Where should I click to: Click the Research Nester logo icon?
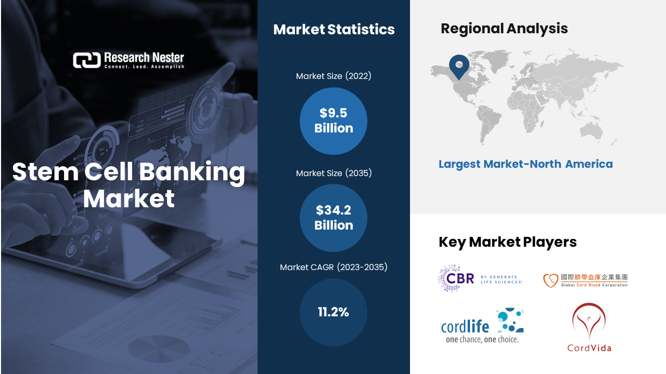coord(87,60)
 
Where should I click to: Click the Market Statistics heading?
coord(334,30)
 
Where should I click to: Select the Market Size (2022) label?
coord(334,76)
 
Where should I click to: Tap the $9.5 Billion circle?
coord(334,121)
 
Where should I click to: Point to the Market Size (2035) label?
coord(334,173)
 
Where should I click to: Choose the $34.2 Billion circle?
coord(334,218)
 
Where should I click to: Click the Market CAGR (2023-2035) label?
coord(334,267)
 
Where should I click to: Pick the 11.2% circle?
coord(334,312)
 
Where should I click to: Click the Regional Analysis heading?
coord(504,29)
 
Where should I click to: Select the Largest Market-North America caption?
coord(526,164)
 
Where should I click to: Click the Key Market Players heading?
coord(507,242)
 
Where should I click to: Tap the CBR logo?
coord(480,278)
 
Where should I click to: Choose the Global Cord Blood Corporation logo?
coord(585,280)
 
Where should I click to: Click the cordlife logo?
coord(482,326)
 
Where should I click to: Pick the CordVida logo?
coord(589,327)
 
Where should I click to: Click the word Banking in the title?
coord(192,172)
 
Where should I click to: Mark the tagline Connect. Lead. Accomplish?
coord(144,66)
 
